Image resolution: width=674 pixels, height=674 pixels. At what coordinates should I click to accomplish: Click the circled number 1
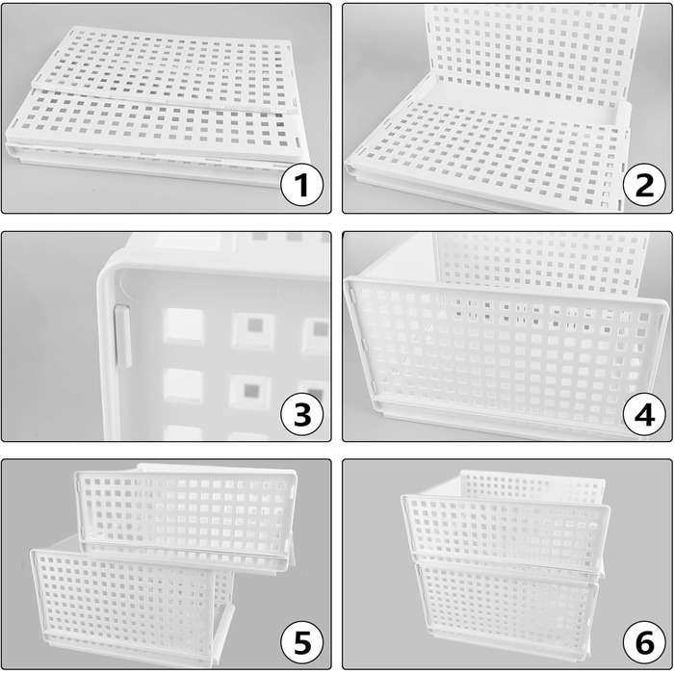(x=301, y=185)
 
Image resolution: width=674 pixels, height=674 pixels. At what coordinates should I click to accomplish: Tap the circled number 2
(x=644, y=185)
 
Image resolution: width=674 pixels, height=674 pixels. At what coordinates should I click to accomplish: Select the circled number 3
(x=301, y=414)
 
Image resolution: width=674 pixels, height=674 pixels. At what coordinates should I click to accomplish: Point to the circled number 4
(x=644, y=414)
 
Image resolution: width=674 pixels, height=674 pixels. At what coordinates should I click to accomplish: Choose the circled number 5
(x=301, y=642)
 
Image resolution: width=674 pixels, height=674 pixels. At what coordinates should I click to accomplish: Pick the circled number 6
(x=644, y=642)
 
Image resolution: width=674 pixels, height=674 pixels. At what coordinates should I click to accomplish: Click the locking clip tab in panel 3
(x=122, y=336)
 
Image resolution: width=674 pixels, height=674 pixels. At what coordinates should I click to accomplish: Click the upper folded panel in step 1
(x=166, y=68)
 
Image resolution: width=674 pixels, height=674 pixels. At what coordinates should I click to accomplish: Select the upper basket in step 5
(x=186, y=518)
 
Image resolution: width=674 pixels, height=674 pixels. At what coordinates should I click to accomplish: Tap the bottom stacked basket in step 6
(x=507, y=610)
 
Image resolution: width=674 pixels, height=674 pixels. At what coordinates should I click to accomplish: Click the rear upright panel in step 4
(x=541, y=265)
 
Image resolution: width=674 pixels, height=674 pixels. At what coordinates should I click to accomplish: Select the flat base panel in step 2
(x=485, y=155)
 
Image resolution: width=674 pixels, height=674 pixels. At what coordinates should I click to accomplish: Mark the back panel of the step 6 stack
(x=533, y=485)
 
